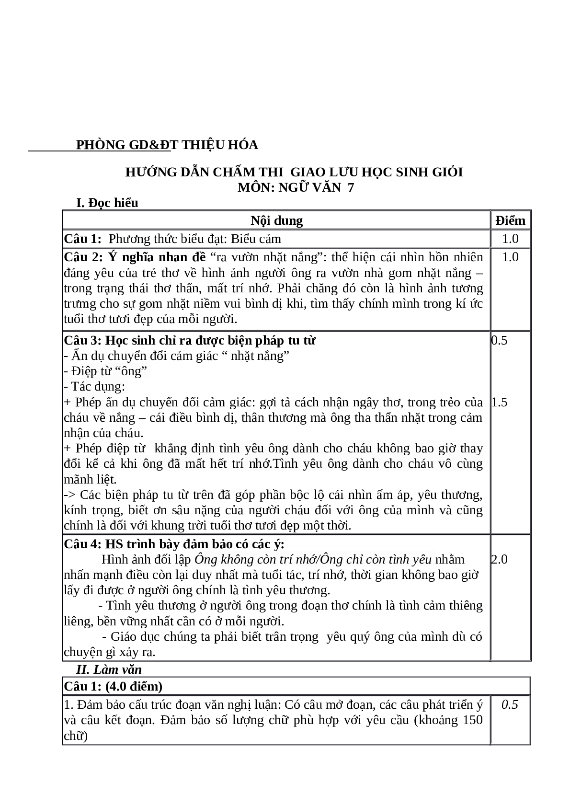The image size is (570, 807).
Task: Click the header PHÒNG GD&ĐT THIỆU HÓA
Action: coord(167,145)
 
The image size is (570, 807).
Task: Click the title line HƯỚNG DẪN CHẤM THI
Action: coord(294,172)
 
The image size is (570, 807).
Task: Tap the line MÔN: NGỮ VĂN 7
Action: coord(296,187)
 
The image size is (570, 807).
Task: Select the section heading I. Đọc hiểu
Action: coord(107,203)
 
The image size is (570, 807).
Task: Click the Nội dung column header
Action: coord(276,220)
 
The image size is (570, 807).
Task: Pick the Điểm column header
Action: coord(510,220)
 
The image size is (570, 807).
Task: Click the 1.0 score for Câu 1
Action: coord(510,239)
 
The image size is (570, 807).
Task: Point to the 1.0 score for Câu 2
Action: coord(510,257)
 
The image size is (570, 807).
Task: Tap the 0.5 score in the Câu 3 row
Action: coord(499,340)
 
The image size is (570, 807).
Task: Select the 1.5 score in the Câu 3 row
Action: coord(499,402)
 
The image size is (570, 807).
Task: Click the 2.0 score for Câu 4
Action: coord(499,559)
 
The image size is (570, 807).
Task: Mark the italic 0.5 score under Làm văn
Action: coord(510,704)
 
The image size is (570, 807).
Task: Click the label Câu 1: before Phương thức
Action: coord(83,239)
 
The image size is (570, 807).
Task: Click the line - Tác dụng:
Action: coord(94,386)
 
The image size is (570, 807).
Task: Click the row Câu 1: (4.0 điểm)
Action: coord(113,686)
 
